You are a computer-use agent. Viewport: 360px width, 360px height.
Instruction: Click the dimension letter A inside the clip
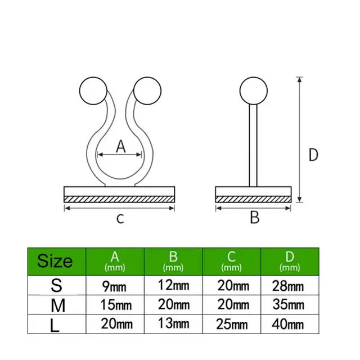120,146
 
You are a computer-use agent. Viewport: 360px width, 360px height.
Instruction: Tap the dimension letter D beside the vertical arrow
313,154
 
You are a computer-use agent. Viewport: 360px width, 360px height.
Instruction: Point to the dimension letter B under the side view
254,217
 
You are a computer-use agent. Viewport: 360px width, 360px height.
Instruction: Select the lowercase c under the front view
119,218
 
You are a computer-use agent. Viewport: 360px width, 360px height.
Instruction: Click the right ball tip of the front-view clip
148,89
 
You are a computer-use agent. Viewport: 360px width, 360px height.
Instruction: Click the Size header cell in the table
55,261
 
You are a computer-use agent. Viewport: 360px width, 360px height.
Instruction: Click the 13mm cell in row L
174,325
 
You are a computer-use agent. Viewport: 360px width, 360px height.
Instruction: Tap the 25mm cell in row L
232,325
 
